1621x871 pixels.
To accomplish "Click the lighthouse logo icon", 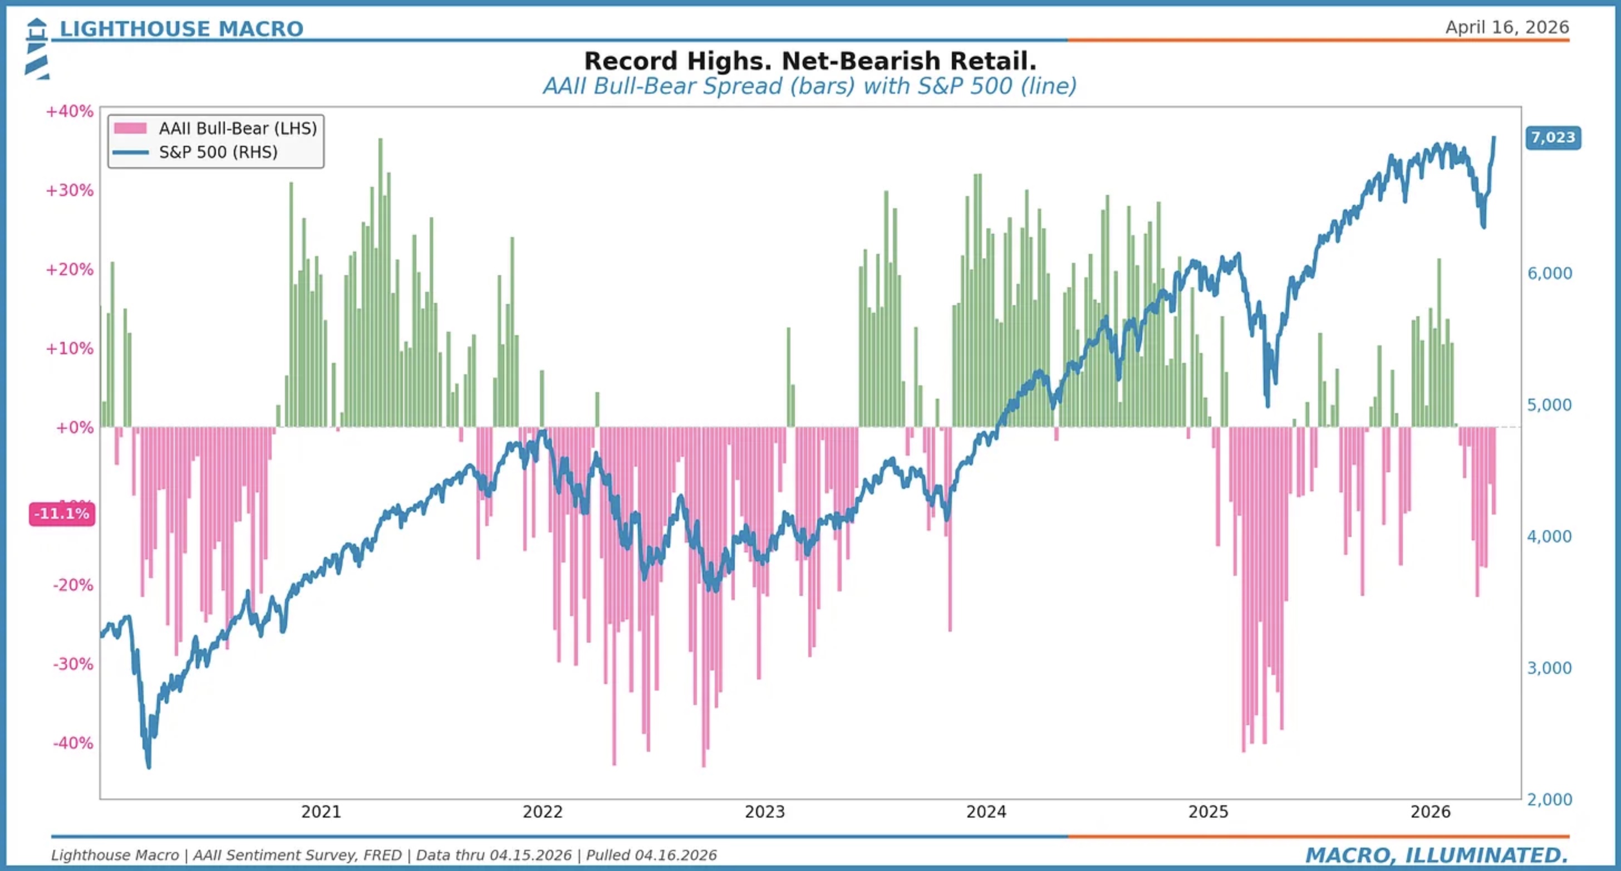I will click(37, 49).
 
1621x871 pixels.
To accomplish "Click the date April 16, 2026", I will click(1506, 27).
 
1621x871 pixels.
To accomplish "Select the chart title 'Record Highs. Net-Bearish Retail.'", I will click(810, 61).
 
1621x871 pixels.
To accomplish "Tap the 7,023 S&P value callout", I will click(1553, 138).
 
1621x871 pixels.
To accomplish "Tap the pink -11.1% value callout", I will click(62, 513).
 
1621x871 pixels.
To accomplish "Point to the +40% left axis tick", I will click(69, 111).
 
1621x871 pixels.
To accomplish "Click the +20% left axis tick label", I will click(69, 270).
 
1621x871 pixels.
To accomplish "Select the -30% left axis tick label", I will click(73, 664).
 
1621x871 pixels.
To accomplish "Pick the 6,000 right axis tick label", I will click(1549, 273).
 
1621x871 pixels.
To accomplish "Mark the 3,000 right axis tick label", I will click(1549, 668).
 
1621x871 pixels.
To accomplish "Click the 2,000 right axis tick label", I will click(1549, 799).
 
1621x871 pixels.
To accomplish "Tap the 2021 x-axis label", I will click(321, 812).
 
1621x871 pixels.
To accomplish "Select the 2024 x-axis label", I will click(986, 812).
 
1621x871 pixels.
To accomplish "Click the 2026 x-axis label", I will click(1430, 812).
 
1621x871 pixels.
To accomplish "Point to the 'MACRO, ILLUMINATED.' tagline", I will click(1437, 855).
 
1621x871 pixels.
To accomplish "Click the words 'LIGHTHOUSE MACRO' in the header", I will click(181, 29).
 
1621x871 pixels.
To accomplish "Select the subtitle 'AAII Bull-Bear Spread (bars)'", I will click(699, 86).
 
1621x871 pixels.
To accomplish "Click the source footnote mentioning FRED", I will click(384, 855).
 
